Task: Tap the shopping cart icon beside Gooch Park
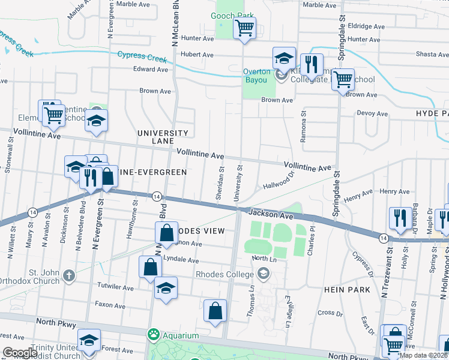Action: tap(244, 28)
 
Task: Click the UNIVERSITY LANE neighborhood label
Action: tap(163, 136)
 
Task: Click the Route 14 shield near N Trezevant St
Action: tap(382, 238)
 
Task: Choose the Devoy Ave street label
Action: tap(372, 113)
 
